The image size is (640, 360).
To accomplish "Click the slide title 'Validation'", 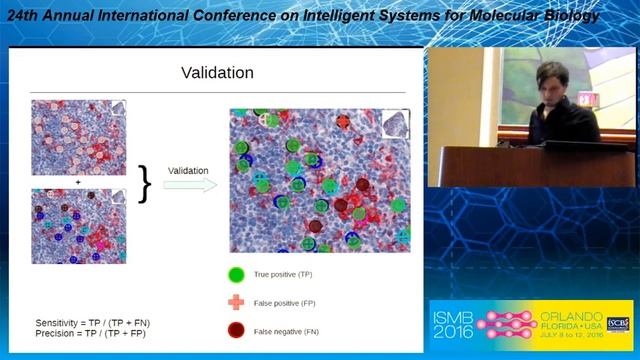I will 216,73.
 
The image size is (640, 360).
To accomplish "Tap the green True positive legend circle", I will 237,273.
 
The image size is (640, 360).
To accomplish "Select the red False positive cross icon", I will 237,302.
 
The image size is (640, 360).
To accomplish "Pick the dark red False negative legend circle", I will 237,330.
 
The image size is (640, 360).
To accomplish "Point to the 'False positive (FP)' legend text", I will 285,302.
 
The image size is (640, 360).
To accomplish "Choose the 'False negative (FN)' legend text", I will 286,331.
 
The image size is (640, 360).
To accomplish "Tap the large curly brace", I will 146,183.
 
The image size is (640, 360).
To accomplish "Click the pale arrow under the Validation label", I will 190,184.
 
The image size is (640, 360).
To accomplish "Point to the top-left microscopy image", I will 78,138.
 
